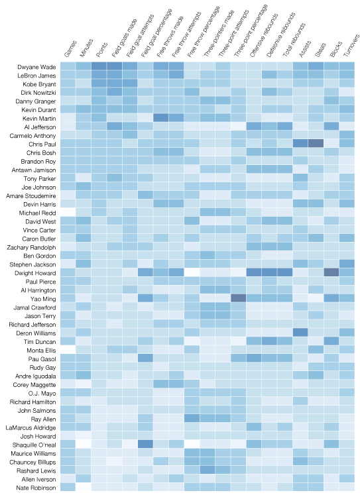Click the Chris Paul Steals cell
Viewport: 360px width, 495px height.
click(316, 144)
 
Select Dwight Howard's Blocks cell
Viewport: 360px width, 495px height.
click(331, 272)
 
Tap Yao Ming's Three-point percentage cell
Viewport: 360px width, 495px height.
click(238, 298)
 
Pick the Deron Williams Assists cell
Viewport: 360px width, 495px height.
click(300, 333)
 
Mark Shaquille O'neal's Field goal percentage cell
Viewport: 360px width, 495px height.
click(145, 444)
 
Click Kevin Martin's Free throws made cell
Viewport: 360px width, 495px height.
click(160, 119)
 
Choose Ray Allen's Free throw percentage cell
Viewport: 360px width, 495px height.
click(192, 419)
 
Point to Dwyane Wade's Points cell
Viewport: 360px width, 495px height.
click(99, 67)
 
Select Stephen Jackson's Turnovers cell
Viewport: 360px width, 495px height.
click(347, 264)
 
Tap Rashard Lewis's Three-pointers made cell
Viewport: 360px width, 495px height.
click(207, 470)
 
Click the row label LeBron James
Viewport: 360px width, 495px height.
click(36, 76)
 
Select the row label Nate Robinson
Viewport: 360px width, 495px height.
click(36, 488)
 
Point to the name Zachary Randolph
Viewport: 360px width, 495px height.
click(32, 248)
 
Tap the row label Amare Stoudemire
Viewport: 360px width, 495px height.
click(31, 195)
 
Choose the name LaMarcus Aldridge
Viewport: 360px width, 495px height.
click(31, 428)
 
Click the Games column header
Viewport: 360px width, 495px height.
click(70, 49)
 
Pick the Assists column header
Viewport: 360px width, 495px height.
click(305, 49)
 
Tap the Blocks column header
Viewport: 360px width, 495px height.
click(335, 49)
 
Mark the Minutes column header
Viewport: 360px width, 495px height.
click(86, 48)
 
